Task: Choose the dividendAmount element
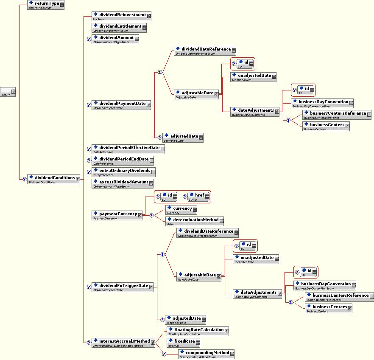pyautogui.click(x=115, y=39)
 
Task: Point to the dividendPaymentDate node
pyautogui.click(x=121, y=105)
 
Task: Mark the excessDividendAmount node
pyautogui.click(x=123, y=183)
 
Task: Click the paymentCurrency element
pyautogui.click(x=117, y=215)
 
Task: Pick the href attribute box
pyautogui.click(x=197, y=197)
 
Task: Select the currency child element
pyautogui.click(x=181, y=210)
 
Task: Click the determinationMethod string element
pyautogui.click(x=194, y=221)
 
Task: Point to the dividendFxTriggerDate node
pyautogui.click(x=123, y=287)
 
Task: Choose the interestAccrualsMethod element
pyautogui.click(x=123, y=342)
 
